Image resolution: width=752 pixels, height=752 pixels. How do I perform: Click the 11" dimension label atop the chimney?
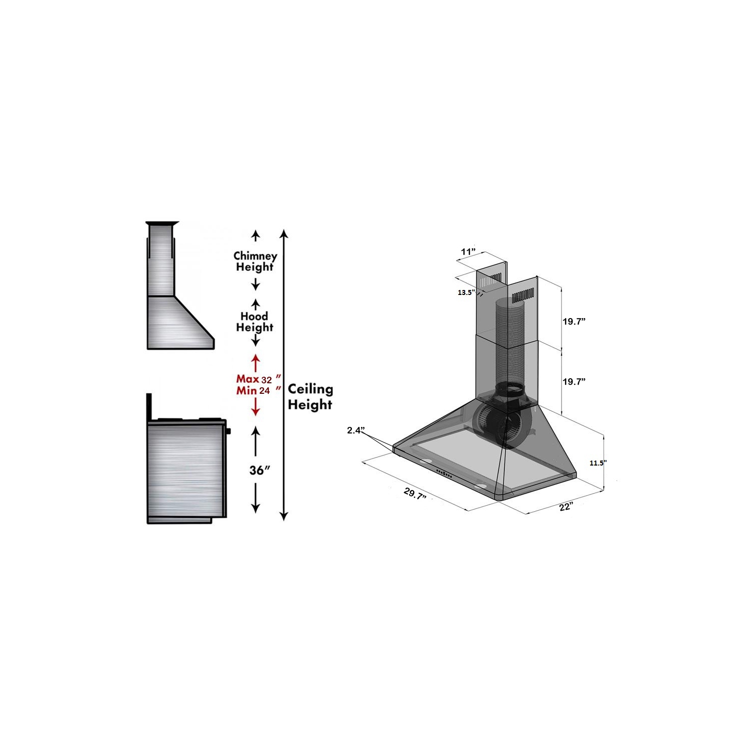pyautogui.click(x=468, y=251)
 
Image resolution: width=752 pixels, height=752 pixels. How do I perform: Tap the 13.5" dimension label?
pyautogui.click(x=466, y=292)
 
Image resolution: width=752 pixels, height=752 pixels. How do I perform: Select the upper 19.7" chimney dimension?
pyautogui.click(x=574, y=322)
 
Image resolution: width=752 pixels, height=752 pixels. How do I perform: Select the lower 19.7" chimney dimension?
pyautogui.click(x=574, y=382)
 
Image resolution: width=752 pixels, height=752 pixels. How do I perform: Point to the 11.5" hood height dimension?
pyautogui.click(x=598, y=463)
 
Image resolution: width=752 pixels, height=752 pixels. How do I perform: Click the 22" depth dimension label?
pyautogui.click(x=566, y=507)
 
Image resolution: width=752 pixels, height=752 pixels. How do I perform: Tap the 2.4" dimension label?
pyautogui.click(x=355, y=430)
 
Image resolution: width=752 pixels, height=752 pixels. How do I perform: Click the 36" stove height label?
pyautogui.click(x=260, y=471)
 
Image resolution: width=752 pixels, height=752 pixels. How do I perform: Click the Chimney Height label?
pyautogui.click(x=255, y=261)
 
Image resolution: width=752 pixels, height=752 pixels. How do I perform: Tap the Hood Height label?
pyautogui.click(x=255, y=322)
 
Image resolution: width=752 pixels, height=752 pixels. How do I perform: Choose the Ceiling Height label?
pyautogui.click(x=310, y=397)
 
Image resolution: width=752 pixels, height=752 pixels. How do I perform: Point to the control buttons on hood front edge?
pyautogui.click(x=443, y=473)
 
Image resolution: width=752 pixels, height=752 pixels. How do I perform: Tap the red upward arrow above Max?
pyautogui.click(x=256, y=362)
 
